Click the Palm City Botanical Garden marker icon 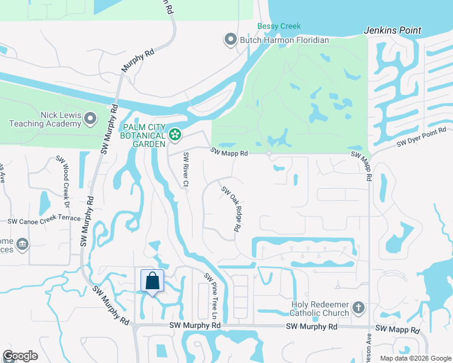click(176, 134)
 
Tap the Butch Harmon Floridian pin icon click(230, 41)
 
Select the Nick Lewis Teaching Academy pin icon click(90, 119)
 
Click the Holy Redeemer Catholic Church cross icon click(359, 307)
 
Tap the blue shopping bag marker click(152, 281)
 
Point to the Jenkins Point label click(392, 30)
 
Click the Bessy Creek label click(279, 26)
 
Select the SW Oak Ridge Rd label click(231, 210)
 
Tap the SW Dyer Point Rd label click(422, 137)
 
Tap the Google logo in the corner click(20, 356)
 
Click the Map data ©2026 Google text click(415, 358)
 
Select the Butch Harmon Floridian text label click(285, 41)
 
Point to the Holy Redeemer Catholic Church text click(320, 309)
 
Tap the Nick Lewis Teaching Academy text click(45, 119)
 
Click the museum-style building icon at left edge click(22, 244)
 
